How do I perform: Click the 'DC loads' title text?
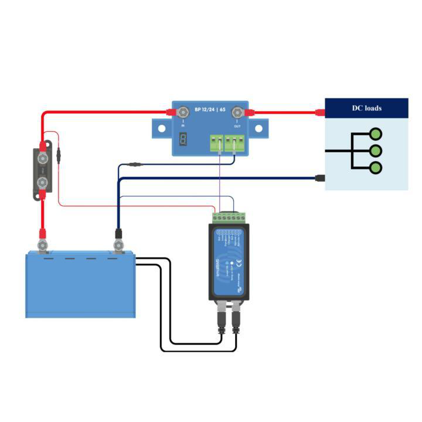coord(366,108)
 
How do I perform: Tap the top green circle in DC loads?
coord(376,134)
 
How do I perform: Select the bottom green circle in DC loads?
coord(376,168)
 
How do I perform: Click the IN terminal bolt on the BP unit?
coord(183,111)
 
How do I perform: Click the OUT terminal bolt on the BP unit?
coord(237,111)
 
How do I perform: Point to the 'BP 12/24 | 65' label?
coord(210,109)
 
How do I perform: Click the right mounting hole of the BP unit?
coord(258,127)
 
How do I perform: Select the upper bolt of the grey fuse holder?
coord(43,158)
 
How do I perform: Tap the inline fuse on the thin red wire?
coord(59,155)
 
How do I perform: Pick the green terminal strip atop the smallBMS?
coord(227,217)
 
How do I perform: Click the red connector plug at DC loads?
coord(320,112)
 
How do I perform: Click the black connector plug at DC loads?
coord(320,178)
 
